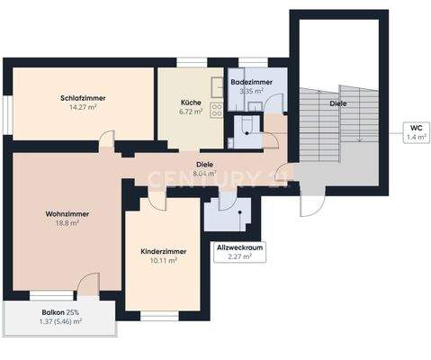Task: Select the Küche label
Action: tap(191, 103)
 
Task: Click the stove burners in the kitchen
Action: tap(216, 111)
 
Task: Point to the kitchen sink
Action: tap(217, 87)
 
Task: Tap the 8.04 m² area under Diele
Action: tap(205, 174)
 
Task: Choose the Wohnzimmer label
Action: tap(66, 213)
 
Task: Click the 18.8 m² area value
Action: tap(66, 223)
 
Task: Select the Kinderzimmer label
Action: tap(163, 251)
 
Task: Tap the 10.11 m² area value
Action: tap(163, 261)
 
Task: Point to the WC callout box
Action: tap(415, 133)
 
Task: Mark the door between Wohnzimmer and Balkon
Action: tap(87, 286)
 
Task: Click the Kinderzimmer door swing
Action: tap(157, 202)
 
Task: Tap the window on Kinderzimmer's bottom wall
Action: tap(160, 316)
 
